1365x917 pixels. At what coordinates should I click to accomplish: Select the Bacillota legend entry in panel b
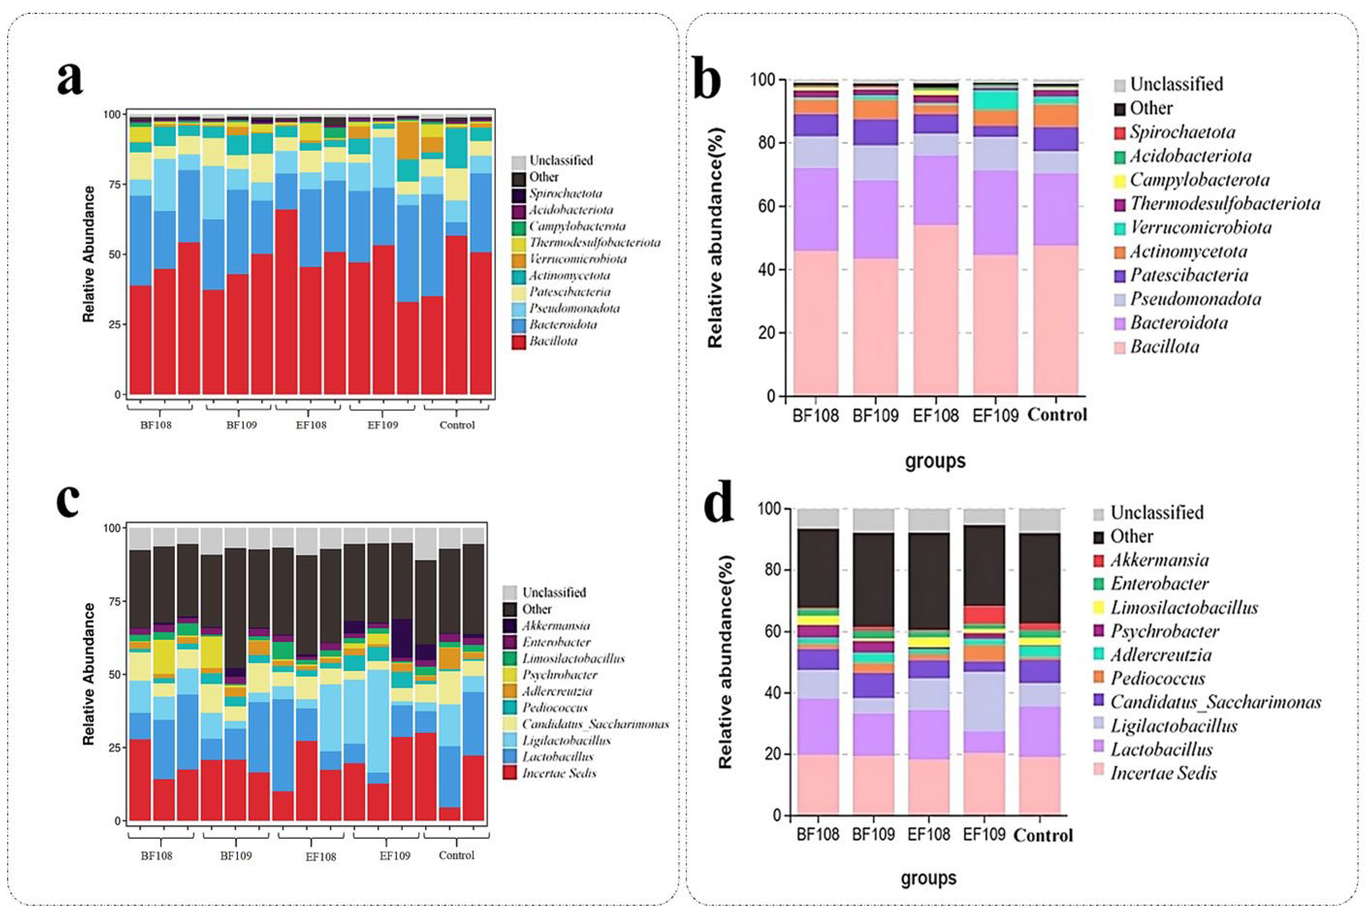[1164, 347]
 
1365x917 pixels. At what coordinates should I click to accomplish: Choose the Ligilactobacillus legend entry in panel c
[566, 740]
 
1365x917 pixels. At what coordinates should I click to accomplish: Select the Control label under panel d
[1043, 835]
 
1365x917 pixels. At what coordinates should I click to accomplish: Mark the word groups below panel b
[935, 461]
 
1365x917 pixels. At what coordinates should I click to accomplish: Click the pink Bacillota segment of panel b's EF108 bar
[935, 310]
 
